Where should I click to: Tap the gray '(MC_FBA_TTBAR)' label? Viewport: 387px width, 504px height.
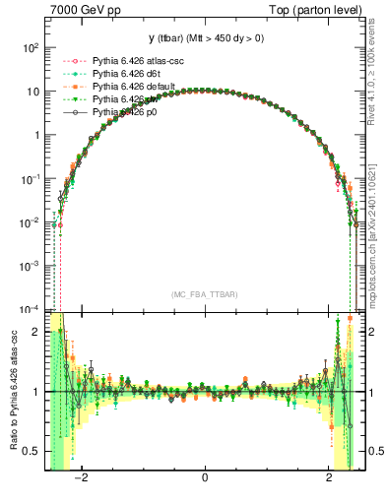coord(204,294)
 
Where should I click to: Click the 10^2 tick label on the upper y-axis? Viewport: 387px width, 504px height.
coord(32,47)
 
